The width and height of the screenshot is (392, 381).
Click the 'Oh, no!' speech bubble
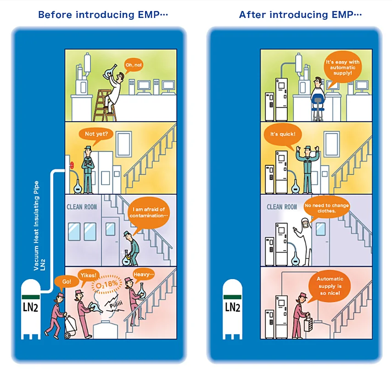tap(134, 65)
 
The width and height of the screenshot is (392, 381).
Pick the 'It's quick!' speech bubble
tap(280, 134)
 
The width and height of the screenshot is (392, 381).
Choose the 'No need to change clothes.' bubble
tap(326, 208)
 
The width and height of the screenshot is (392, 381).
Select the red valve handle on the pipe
tap(71, 165)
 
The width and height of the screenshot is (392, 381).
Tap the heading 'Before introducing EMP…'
tap(103, 15)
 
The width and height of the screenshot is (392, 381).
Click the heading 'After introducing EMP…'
tap(300, 15)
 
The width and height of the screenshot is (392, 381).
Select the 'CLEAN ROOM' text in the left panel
tap(82, 207)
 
